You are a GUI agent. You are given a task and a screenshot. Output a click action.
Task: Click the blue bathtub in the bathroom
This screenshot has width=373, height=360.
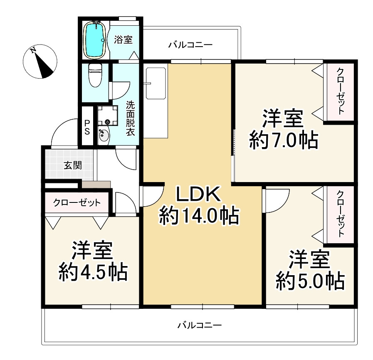[x=94, y=40]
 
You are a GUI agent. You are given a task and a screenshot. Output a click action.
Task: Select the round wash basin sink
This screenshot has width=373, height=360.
[x=103, y=135]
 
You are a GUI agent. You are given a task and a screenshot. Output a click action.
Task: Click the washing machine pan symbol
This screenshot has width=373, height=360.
[x=108, y=116]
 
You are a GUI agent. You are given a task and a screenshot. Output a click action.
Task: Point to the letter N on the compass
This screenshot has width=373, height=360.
[x=33, y=50]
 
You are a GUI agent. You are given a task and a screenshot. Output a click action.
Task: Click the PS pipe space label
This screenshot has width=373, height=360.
[x=87, y=127]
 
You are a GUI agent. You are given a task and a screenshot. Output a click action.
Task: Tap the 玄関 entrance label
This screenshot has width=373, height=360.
[x=72, y=165]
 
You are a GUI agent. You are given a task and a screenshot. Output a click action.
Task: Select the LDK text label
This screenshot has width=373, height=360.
[x=198, y=195]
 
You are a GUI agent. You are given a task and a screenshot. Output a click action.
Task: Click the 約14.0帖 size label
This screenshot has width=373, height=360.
[x=199, y=216]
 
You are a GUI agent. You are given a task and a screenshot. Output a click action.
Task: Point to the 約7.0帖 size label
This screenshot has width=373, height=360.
[x=283, y=140]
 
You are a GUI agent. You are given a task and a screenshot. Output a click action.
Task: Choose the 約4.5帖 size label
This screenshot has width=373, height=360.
[x=93, y=272]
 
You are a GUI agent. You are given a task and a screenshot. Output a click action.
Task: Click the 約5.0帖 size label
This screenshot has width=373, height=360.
[x=310, y=281]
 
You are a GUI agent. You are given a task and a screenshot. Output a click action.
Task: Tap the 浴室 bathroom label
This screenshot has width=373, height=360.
[x=123, y=39]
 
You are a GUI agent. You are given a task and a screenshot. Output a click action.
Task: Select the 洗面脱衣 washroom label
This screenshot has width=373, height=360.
[x=130, y=118]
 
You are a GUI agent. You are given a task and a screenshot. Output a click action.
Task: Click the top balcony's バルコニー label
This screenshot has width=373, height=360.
[x=190, y=45]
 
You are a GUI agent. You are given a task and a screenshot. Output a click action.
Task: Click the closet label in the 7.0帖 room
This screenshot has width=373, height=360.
[x=341, y=91]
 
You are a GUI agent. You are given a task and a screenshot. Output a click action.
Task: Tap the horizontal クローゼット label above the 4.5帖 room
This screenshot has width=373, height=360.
[x=77, y=203]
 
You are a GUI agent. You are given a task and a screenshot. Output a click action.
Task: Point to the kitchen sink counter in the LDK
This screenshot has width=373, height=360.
[x=156, y=83]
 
